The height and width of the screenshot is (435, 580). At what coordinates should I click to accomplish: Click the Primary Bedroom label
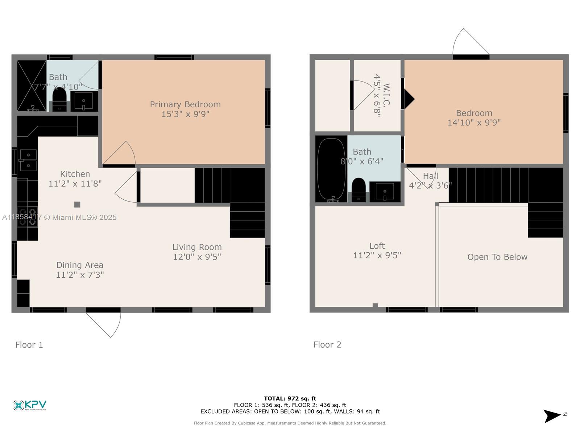point(185,104)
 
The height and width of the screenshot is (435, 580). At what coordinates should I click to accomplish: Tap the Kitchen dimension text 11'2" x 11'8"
point(75,184)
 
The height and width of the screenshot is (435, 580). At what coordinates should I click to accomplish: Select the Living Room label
point(197,247)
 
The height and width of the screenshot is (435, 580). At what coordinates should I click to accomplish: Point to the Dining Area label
point(80,265)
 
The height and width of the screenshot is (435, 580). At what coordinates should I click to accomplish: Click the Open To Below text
point(497,257)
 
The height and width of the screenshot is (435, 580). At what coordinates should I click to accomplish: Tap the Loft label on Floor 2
point(377,246)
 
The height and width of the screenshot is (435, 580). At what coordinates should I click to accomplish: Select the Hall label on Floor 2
point(430,176)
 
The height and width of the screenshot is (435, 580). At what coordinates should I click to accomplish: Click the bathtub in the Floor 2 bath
point(331,169)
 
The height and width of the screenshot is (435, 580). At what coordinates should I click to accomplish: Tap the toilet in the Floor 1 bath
point(59,96)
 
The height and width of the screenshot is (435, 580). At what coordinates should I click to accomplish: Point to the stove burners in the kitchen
point(28,217)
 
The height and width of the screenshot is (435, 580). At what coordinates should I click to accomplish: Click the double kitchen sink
point(28,160)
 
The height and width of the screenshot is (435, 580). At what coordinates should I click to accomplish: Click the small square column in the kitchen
point(77,205)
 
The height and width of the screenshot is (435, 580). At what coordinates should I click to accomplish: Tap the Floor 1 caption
point(29,345)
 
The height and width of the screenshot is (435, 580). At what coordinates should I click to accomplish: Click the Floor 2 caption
point(327,345)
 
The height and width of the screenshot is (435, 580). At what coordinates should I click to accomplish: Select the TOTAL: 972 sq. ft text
point(290,398)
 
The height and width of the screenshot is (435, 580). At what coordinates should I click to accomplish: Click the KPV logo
point(30,405)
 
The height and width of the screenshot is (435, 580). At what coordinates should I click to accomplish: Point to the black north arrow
point(552,416)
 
